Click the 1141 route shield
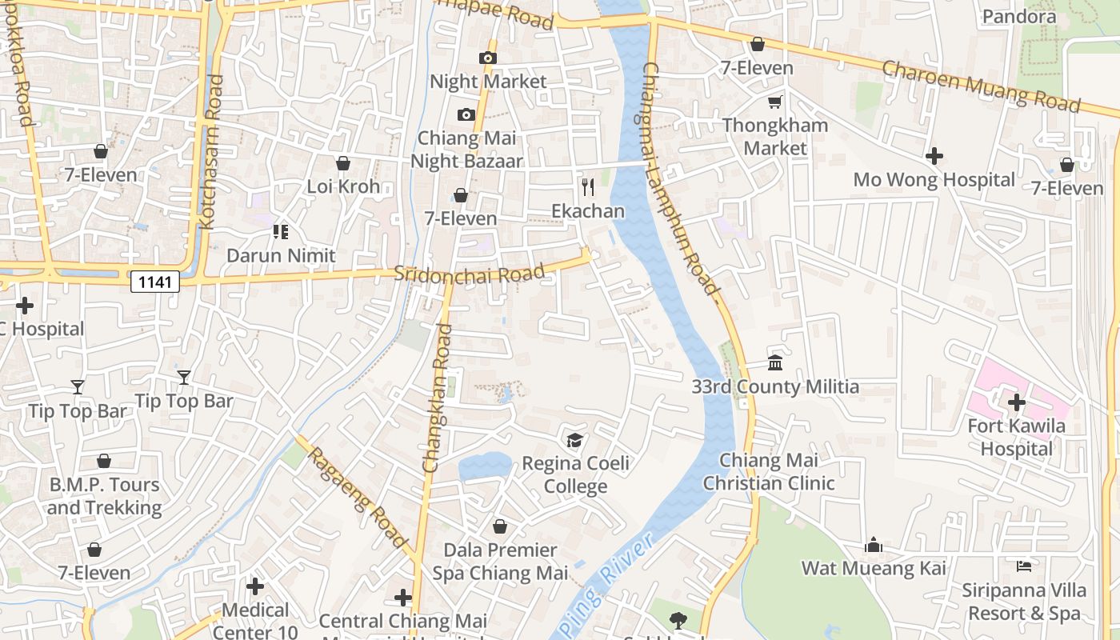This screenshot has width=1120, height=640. [154, 282]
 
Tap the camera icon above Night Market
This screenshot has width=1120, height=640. [487, 58]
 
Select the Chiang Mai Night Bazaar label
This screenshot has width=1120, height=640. [466, 150]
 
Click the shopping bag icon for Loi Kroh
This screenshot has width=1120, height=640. [343, 163]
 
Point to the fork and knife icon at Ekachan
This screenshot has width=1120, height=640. [588, 187]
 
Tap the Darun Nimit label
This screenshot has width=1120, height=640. [280, 256]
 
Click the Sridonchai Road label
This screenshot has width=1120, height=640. [470, 273]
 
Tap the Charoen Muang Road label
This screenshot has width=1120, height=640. [981, 86]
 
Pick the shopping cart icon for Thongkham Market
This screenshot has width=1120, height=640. [774, 102]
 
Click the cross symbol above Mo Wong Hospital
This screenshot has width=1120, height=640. [934, 156]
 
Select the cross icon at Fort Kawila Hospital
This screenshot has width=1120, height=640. [1017, 402]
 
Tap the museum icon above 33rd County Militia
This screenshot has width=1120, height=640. [774, 363]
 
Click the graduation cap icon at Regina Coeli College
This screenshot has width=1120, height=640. [574, 440]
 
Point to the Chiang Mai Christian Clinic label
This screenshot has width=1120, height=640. [769, 472]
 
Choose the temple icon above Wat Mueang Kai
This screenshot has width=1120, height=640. [874, 545]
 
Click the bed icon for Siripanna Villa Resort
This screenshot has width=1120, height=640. [1023, 566]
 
